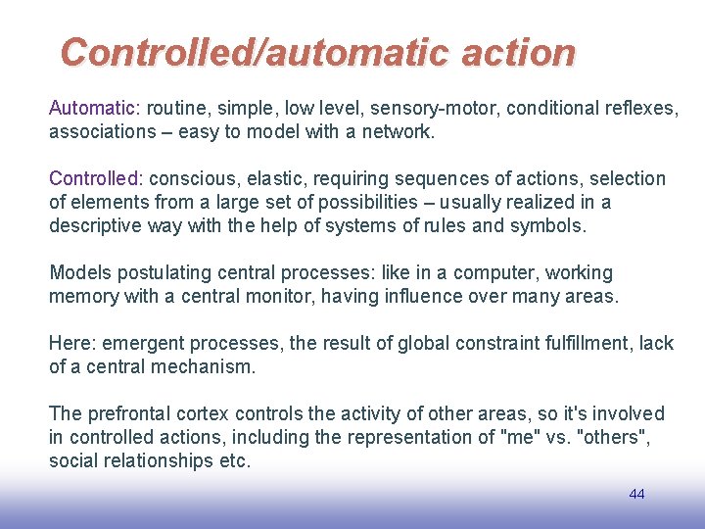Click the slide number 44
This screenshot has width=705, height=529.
[x=636, y=494]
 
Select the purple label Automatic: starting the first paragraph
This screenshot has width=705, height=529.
[x=95, y=108]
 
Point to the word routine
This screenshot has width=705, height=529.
[x=180, y=108]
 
